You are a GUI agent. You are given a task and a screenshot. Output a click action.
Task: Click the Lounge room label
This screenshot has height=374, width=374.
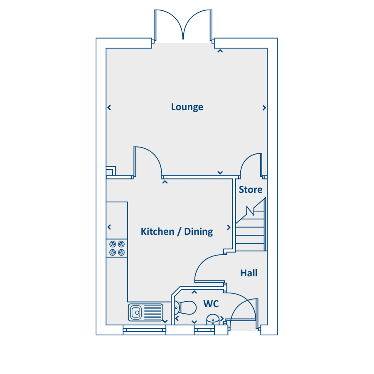coord(187,107)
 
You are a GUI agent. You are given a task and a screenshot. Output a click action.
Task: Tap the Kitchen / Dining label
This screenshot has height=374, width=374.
coord(177,231)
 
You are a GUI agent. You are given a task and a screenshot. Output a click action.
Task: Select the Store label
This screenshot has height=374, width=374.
coord(251,189)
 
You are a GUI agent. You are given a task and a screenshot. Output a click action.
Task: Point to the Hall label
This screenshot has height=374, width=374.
coord(249,273)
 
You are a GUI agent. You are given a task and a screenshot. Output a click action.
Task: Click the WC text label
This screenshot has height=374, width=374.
coord(211,304)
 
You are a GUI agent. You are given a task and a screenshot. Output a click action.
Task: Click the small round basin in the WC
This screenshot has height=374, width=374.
coord(213,320)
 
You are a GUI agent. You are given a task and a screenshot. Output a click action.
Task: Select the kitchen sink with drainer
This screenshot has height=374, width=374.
coord(146,312)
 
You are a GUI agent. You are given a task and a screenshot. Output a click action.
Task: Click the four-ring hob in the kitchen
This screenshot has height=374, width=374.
coord(117,249)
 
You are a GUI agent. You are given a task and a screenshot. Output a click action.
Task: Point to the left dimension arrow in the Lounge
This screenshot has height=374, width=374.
coord(109,108)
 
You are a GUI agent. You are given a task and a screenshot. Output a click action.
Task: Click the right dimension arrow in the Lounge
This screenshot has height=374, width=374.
coord(264,108)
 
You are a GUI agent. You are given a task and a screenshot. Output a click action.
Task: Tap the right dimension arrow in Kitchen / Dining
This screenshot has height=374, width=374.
coord(229,228)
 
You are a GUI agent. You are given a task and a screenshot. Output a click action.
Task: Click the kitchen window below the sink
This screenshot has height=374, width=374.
coord(145,330)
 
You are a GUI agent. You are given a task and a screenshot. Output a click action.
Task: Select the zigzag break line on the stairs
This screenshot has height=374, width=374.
coord(251,211)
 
